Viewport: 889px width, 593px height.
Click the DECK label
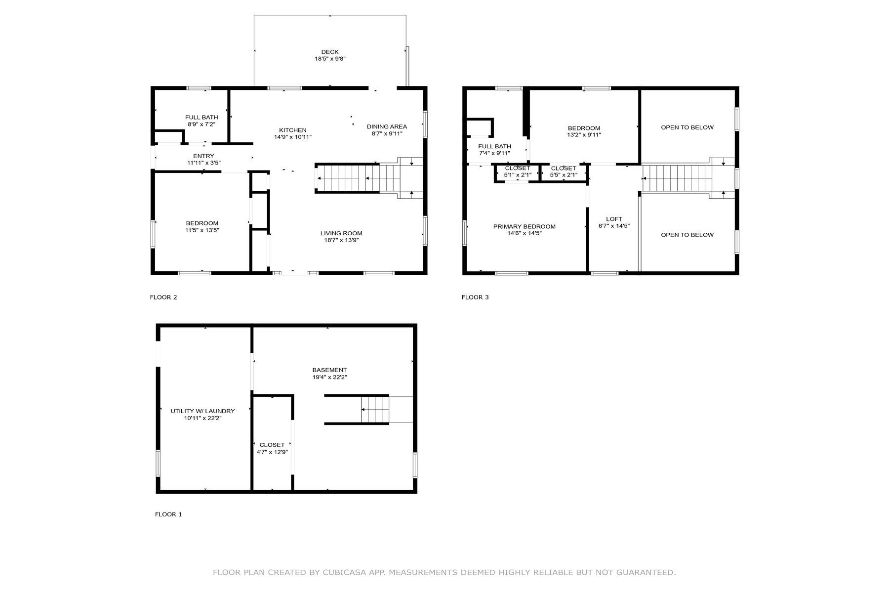point(330,52)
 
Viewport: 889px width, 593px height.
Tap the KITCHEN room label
point(293,130)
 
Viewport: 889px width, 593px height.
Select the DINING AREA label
point(387,127)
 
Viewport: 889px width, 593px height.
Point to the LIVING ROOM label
point(341,233)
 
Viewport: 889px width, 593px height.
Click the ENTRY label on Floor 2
point(203,156)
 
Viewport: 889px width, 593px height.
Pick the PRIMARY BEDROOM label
point(525,227)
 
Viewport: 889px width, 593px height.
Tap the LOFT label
point(614,219)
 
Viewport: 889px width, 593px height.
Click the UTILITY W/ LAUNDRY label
point(202,411)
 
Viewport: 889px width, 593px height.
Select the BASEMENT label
point(329,370)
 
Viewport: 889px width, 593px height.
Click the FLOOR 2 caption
point(163,297)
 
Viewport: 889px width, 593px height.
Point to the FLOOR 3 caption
point(475,297)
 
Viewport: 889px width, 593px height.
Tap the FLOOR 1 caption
point(168,514)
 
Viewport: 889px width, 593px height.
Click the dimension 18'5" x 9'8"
point(330,59)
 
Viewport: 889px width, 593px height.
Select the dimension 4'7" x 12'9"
point(272,452)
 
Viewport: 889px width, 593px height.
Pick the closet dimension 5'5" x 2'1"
point(564,175)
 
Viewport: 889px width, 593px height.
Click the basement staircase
point(375,409)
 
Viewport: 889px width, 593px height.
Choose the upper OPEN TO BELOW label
point(687,127)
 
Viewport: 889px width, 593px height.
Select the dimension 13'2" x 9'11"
point(584,135)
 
